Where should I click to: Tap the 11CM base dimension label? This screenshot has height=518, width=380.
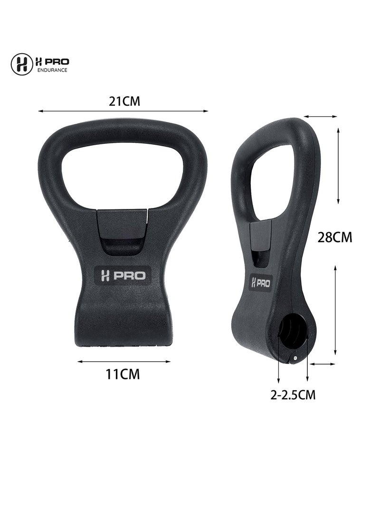coord(123,374)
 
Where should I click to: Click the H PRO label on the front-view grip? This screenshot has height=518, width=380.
coord(123,276)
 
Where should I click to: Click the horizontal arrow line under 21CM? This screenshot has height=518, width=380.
coord(123,111)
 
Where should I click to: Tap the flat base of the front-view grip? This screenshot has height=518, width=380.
coord(123,339)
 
